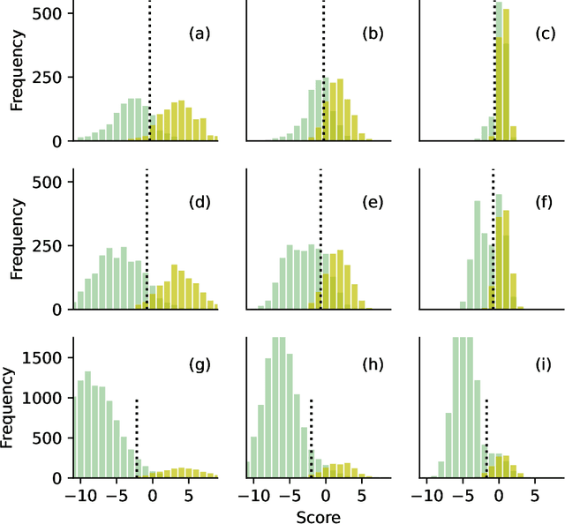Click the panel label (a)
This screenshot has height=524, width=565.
pyautogui.click(x=200, y=34)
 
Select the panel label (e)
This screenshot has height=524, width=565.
pyautogui.click(x=373, y=203)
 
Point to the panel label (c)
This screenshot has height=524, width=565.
pyautogui.click(x=545, y=34)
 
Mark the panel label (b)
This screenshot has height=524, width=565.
pyautogui.click(x=373, y=34)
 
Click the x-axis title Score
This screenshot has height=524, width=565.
pyautogui.click(x=317, y=515)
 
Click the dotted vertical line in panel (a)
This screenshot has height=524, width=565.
pyautogui.click(x=149, y=71)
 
